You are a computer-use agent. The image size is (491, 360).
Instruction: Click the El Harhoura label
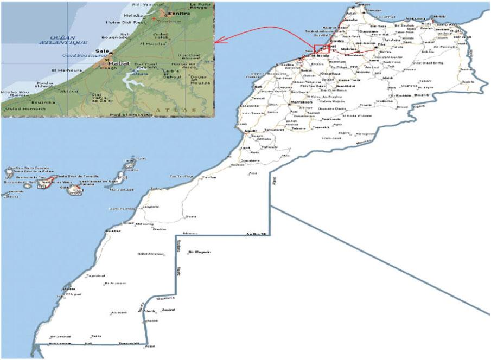pos(62,70)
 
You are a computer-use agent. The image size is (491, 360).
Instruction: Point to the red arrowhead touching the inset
pos(218,41)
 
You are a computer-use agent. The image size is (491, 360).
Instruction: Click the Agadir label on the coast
pos(251,132)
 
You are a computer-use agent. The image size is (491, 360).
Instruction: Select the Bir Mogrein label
pos(199,252)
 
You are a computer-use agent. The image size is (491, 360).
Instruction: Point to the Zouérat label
pos(168,310)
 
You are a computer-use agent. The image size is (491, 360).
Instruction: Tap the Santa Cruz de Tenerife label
pos(72,176)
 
